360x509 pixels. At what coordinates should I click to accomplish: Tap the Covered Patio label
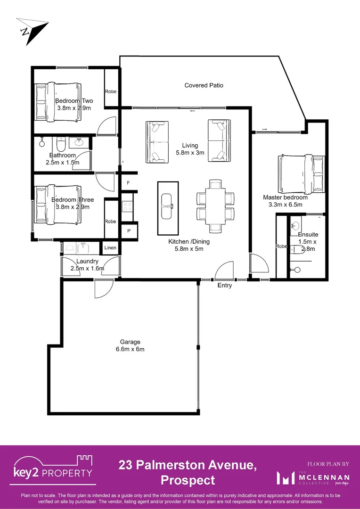tap(204, 85)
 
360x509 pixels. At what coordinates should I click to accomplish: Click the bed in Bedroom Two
tap(57, 100)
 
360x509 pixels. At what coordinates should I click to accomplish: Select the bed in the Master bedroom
tap(301, 174)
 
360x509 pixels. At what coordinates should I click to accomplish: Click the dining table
tap(215, 206)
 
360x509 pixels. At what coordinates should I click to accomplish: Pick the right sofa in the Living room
tap(219, 140)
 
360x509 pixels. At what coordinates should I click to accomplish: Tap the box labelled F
tap(128, 182)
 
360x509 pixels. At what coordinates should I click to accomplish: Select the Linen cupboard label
tap(110, 247)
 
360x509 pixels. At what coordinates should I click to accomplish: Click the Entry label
tap(224, 285)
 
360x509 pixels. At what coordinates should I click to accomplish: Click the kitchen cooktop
tap(127, 206)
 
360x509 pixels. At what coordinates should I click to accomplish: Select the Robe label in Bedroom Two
tap(111, 91)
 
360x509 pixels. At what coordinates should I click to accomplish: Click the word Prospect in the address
tap(188, 480)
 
